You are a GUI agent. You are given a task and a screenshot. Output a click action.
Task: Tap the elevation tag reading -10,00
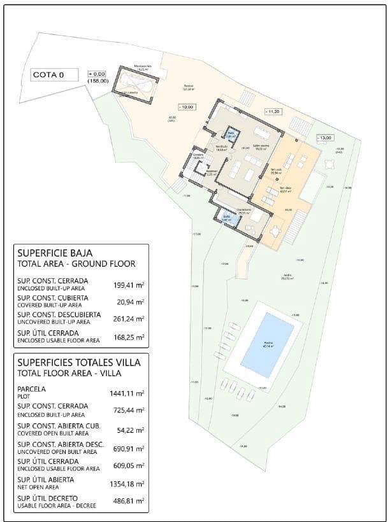coord(186,107)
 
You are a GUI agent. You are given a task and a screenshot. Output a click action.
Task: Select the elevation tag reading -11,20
coord(272,111)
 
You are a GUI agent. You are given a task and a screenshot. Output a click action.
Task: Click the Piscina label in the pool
coord(268,344)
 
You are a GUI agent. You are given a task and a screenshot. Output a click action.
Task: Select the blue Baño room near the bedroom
coord(228,219)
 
